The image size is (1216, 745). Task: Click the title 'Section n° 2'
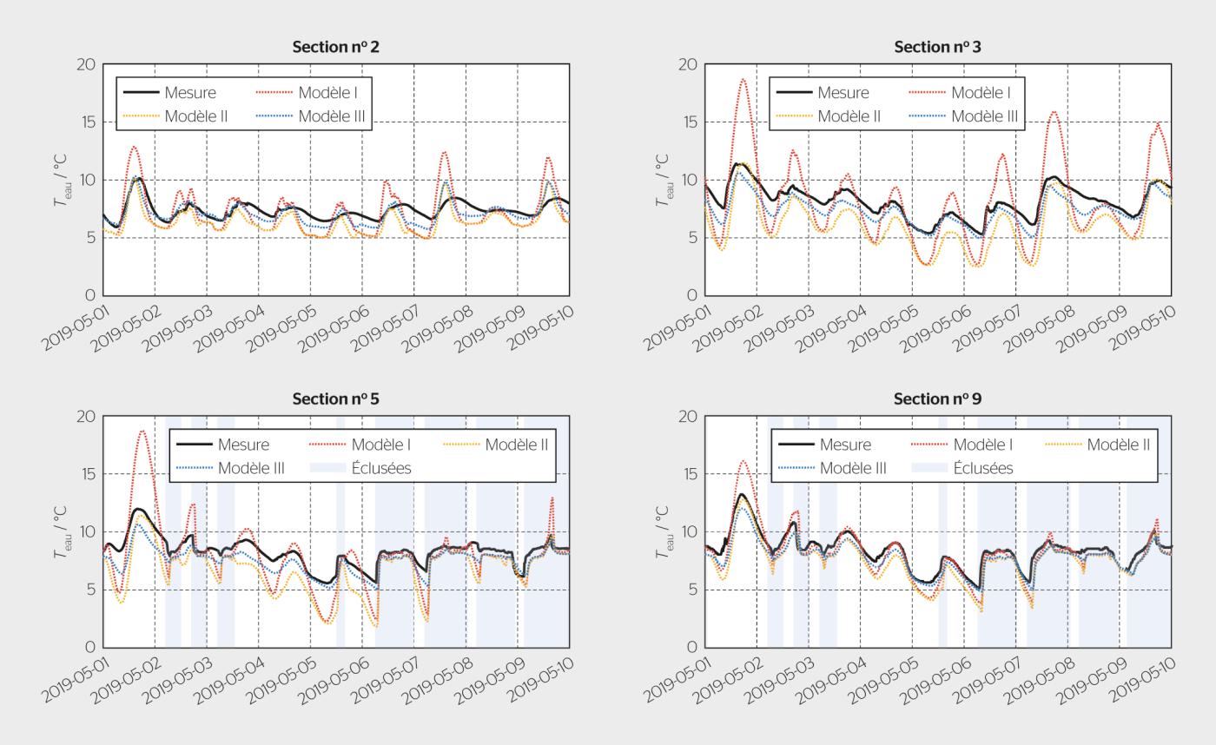(335, 47)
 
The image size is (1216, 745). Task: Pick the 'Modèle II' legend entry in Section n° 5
(516, 445)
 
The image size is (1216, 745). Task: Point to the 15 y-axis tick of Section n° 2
(85, 122)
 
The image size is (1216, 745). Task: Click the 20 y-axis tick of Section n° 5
(85, 417)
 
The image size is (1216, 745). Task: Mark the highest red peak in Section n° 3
(743, 79)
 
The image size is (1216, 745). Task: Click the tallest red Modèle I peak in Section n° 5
(142, 431)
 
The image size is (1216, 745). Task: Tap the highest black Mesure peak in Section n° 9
(742, 495)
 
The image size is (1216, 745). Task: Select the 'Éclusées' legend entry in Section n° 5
(380, 468)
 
